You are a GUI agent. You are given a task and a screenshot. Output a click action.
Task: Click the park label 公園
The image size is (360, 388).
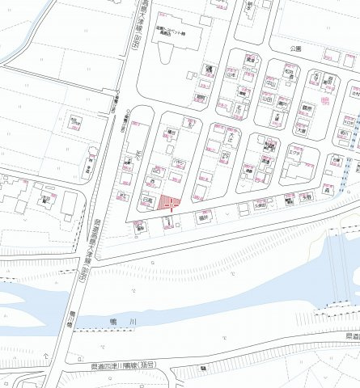297,49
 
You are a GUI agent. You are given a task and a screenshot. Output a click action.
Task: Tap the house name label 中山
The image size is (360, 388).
268,82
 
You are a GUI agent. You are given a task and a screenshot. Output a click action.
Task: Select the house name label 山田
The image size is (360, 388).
268,98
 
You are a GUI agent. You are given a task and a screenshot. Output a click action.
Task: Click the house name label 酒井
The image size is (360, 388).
204,217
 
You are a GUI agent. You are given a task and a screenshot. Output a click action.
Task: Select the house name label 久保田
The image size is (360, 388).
260,205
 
